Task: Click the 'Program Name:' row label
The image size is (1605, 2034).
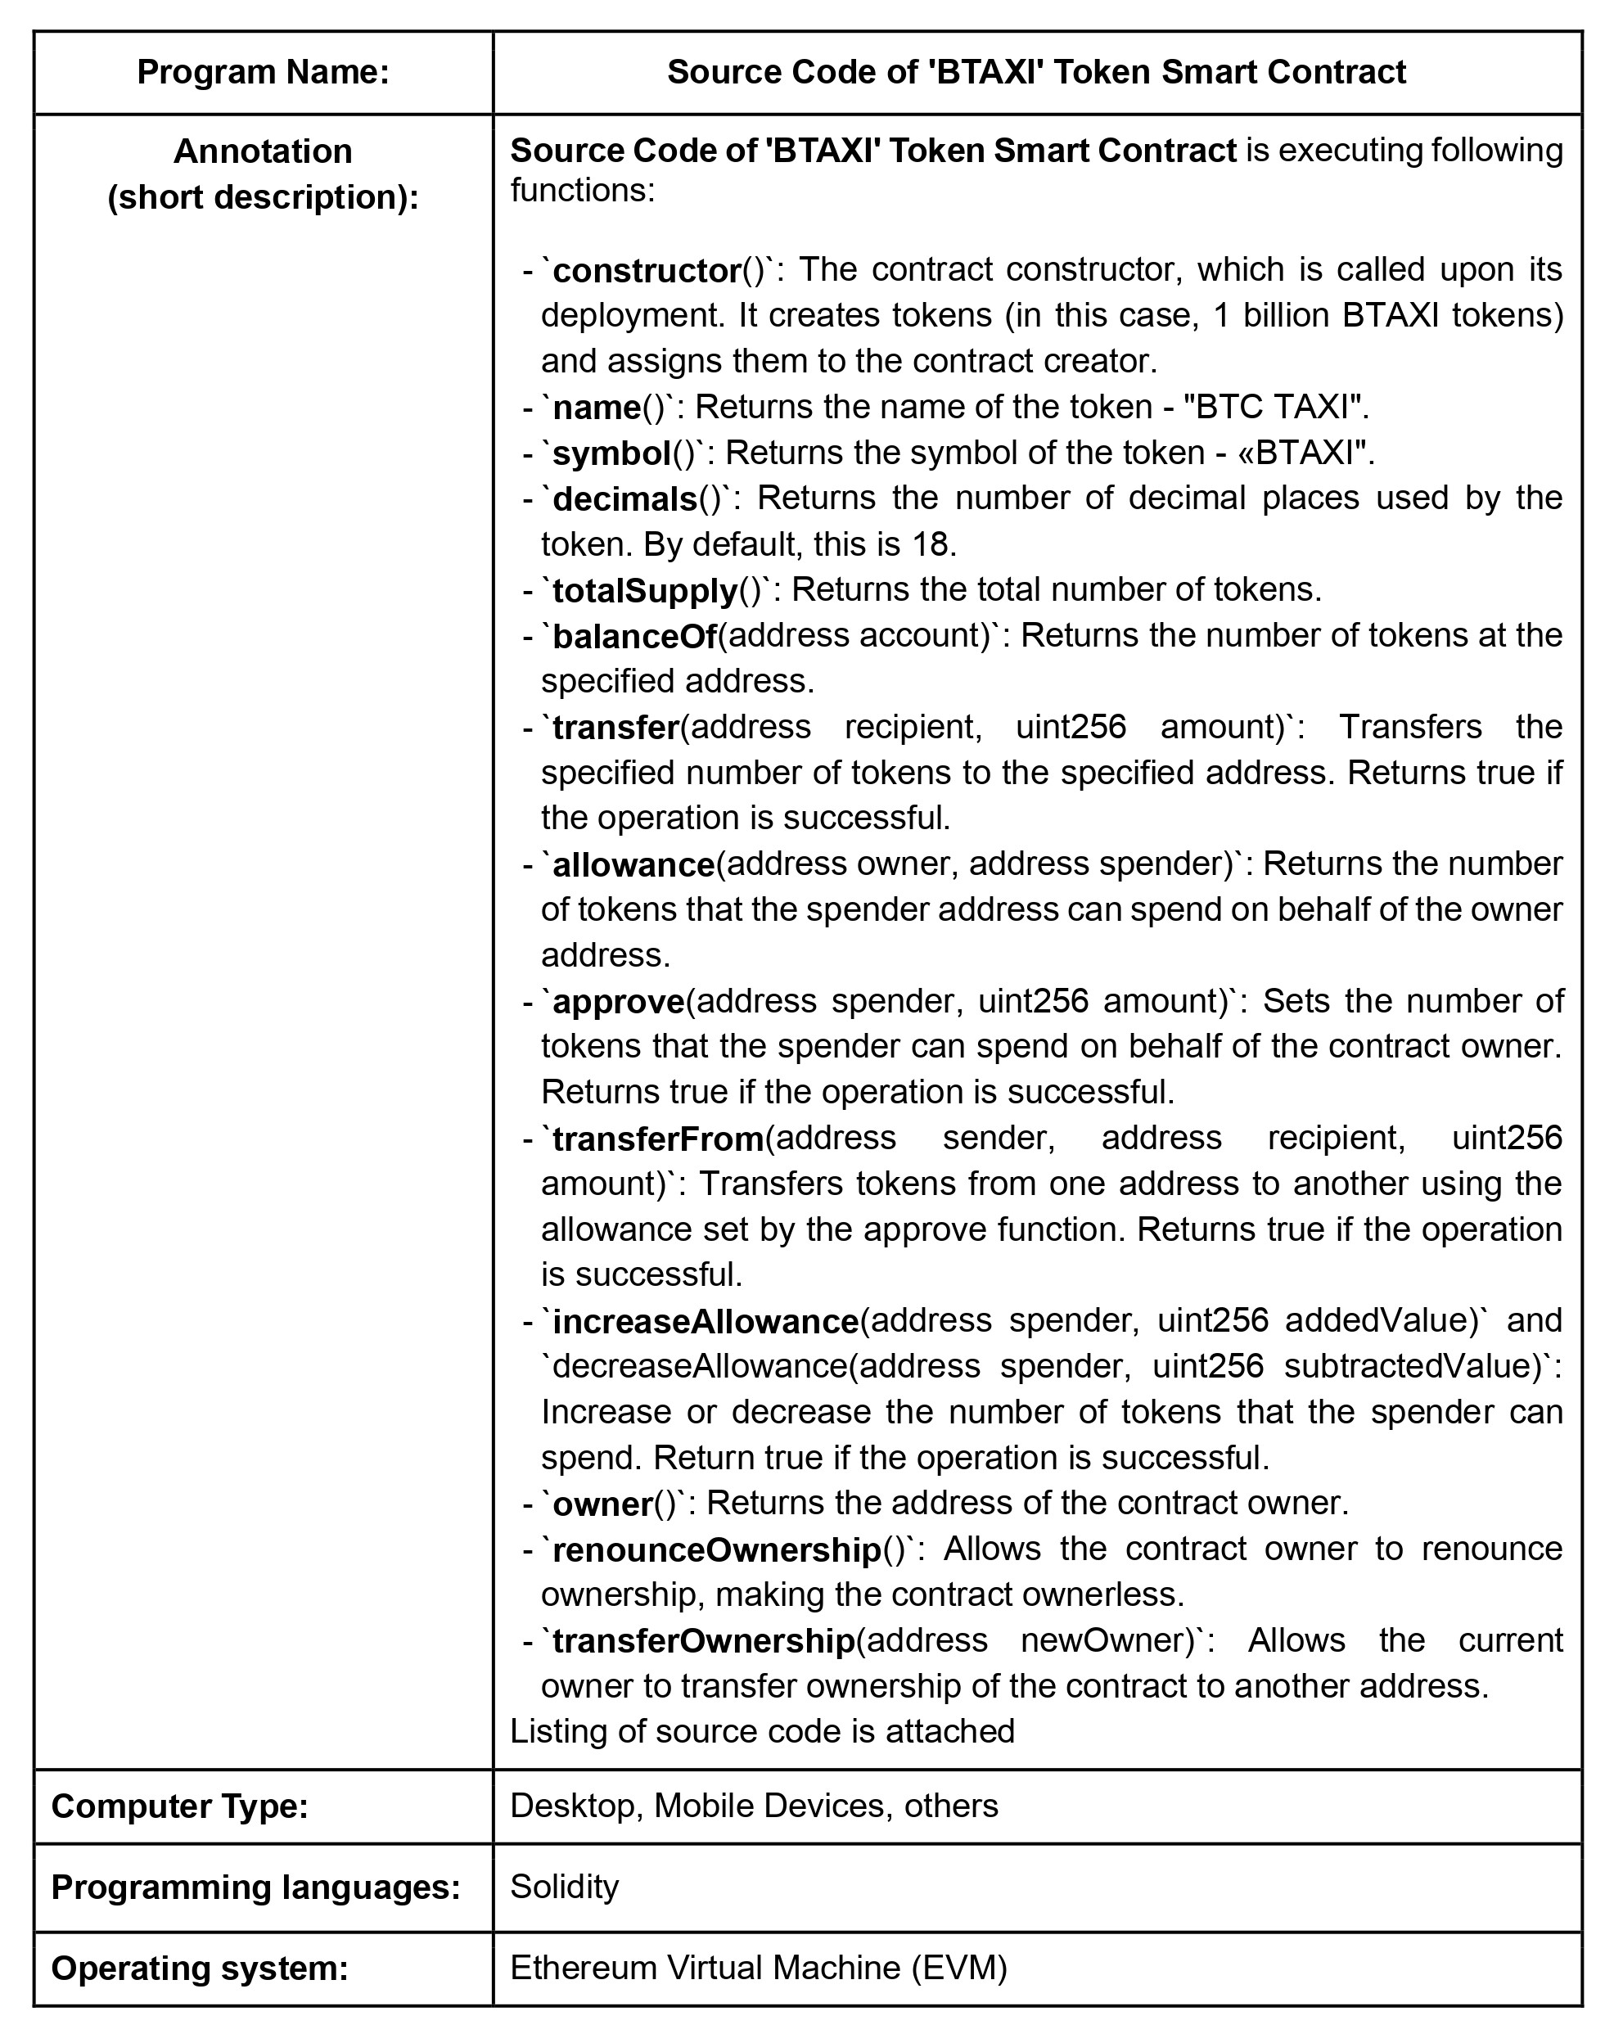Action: (263, 72)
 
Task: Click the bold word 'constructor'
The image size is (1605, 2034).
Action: (647, 272)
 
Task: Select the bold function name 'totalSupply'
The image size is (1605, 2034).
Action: (645, 592)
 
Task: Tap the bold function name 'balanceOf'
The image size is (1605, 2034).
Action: (634, 637)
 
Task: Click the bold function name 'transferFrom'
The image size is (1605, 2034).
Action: (658, 1139)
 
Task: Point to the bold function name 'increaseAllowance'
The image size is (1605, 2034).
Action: (705, 1323)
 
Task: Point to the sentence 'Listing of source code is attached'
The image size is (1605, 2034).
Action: (762, 1731)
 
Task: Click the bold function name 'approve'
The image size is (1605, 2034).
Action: (618, 1003)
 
